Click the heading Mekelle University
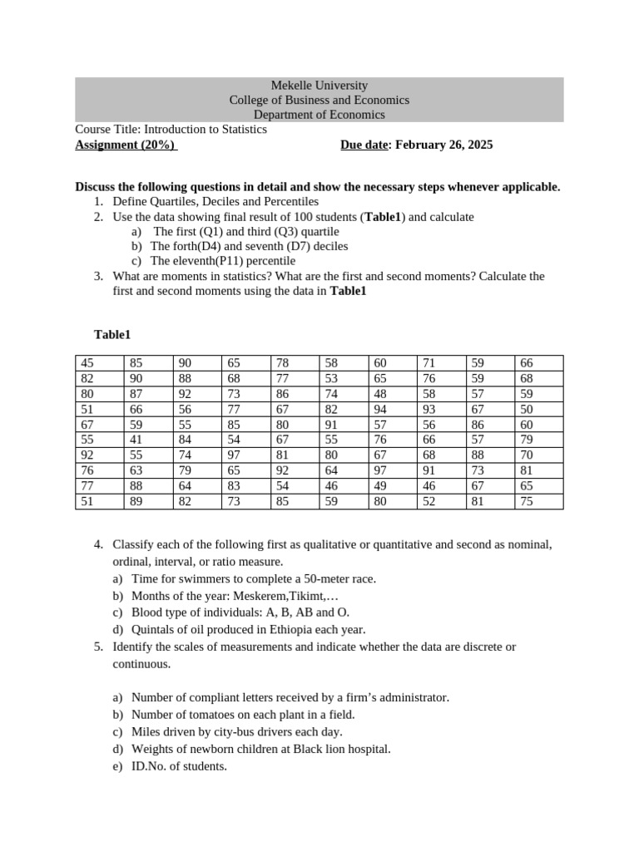tap(319, 86)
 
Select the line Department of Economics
tap(319, 115)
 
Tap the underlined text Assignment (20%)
tap(125, 145)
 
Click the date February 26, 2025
tap(443, 145)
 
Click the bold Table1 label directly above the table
tap(112, 334)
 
